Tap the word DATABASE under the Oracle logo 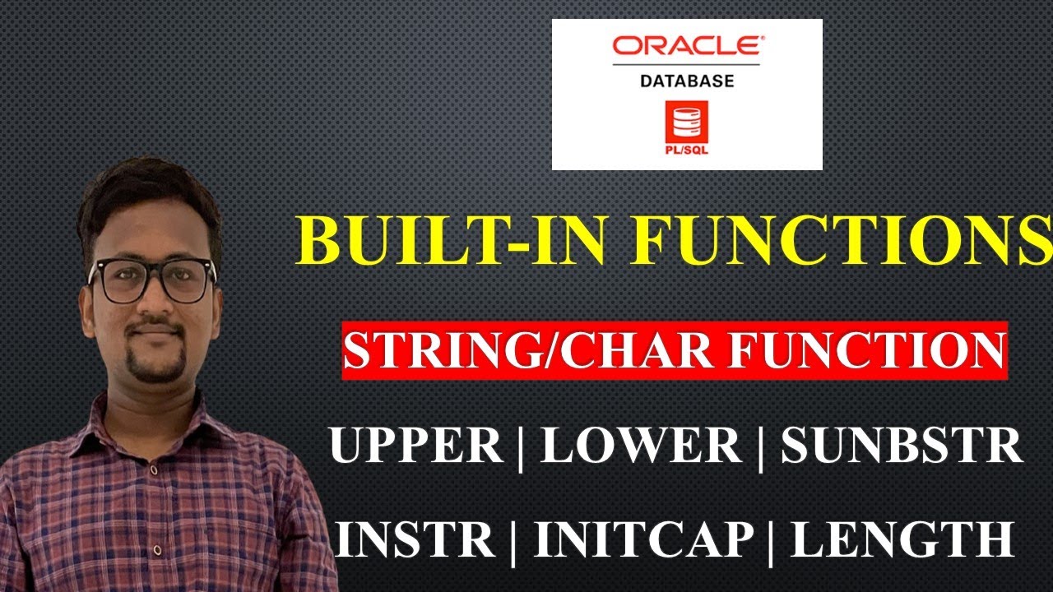pyautogui.click(x=687, y=81)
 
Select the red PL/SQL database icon pyautogui.click(x=688, y=124)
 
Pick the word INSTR pyautogui.click(x=415, y=539)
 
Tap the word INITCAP pyautogui.click(x=644, y=539)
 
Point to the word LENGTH pyautogui.click(x=902, y=539)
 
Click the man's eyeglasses pyautogui.click(x=152, y=280)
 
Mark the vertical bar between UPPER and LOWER pyautogui.click(x=522, y=448)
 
